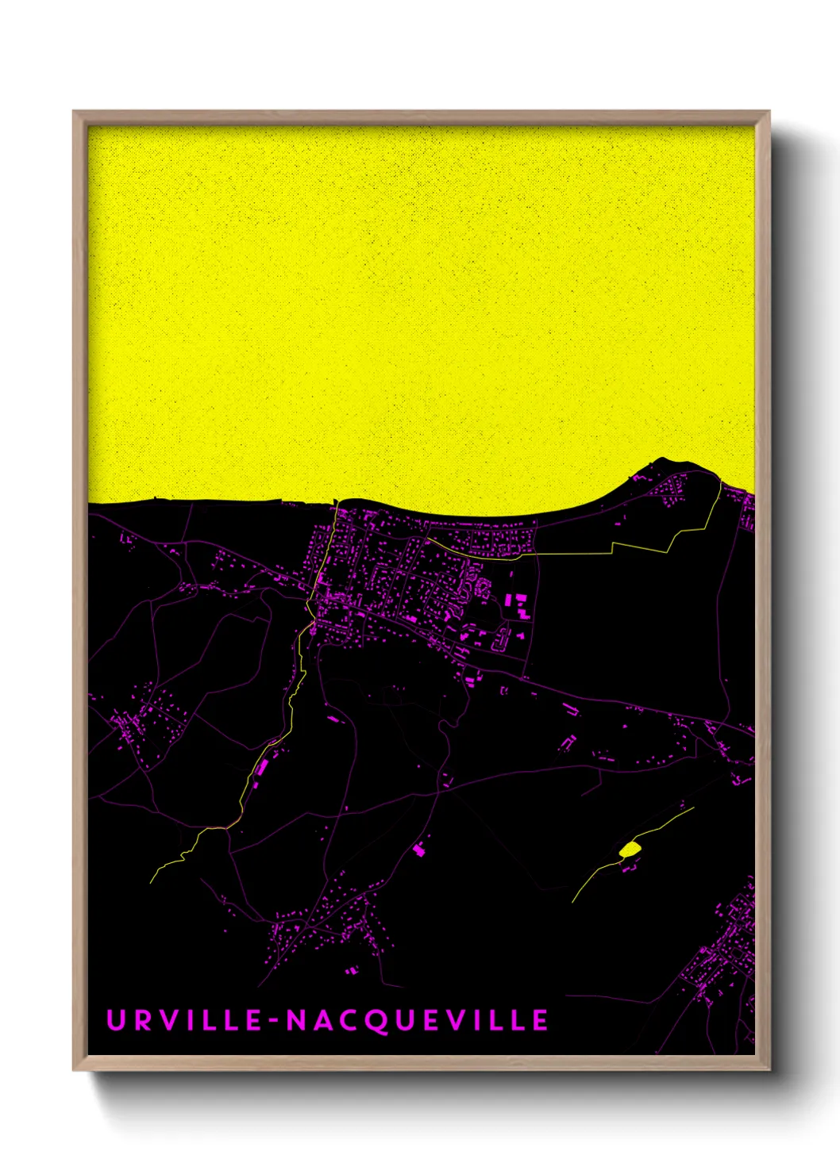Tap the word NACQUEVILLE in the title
click(418, 1021)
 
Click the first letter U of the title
click(115, 1020)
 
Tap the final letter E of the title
click(540, 1021)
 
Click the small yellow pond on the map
click(630, 850)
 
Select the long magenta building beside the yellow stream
click(260, 767)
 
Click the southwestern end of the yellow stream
click(152, 881)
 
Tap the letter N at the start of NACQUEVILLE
click(295, 1021)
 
